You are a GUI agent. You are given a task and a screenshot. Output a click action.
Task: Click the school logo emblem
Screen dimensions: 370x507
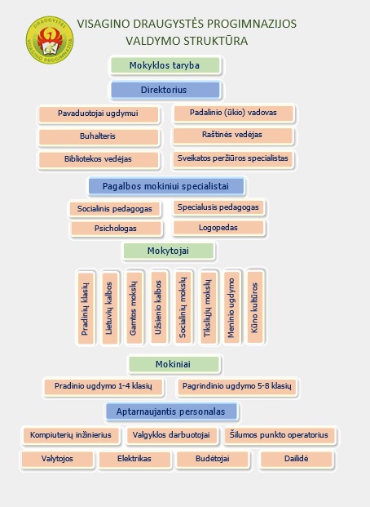point(50,40)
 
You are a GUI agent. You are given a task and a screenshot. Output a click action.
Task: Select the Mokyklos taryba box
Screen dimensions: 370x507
point(165,65)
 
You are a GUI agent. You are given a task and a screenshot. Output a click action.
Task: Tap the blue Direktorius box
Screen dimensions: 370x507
point(165,90)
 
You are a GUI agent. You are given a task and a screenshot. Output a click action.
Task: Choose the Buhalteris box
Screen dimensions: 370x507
point(99,136)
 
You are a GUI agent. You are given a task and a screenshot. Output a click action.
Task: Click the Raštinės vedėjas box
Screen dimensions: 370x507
point(233,136)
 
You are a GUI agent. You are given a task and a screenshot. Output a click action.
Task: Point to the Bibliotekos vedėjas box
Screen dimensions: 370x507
point(99,160)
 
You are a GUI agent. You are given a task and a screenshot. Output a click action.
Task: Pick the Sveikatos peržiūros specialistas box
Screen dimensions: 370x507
point(233,159)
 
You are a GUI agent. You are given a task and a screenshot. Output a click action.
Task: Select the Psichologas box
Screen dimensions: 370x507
point(117,229)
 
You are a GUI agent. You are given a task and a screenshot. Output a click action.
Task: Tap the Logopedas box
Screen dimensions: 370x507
point(219,228)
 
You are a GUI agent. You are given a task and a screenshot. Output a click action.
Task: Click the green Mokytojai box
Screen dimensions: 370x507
point(169,251)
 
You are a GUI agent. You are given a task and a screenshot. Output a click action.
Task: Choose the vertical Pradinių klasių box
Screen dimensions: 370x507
point(86,308)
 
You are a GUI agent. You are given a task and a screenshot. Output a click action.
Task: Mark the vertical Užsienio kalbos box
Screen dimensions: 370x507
point(159,307)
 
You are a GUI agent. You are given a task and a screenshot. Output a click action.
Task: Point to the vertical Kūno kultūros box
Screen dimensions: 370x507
point(255,307)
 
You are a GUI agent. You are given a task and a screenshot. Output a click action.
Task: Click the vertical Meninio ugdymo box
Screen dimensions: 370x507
point(231,307)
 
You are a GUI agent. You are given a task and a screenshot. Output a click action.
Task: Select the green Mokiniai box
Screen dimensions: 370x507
point(174,364)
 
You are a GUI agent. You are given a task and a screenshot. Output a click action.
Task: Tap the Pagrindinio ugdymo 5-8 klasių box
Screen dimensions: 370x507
point(237,387)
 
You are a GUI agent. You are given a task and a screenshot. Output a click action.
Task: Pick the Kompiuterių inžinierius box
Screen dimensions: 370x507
point(72,435)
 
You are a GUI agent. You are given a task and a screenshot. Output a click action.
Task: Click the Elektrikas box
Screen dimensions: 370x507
point(135,459)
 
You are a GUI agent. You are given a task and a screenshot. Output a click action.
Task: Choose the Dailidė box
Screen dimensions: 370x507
point(297,459)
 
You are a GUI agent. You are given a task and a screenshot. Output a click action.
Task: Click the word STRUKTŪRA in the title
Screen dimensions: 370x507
point(215,41)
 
